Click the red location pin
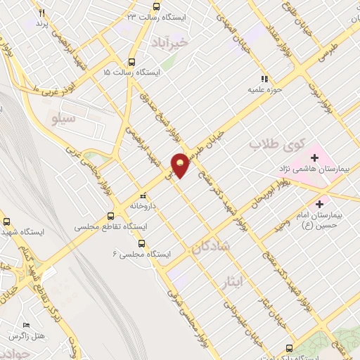(x=181, y=164)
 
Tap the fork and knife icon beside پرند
(x=41, y=13)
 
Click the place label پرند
(x=42, y=25)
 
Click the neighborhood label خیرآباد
(x=171, y=43)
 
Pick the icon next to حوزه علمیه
(x=264, y=79)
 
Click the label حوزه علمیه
(x=264, y=90)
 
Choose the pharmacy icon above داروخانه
(x=143, y=195)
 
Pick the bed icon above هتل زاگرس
(x=26, y=325)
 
